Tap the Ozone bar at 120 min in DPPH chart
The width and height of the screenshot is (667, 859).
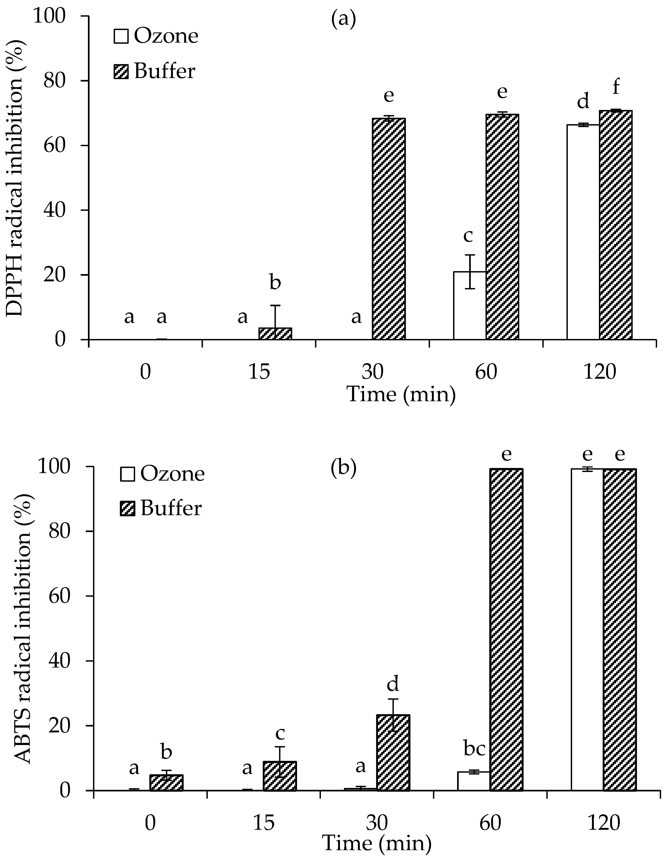coord(583,232)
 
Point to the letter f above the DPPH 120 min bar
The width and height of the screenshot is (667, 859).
coord(616,87)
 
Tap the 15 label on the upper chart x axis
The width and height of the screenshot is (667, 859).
coord(259,371)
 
